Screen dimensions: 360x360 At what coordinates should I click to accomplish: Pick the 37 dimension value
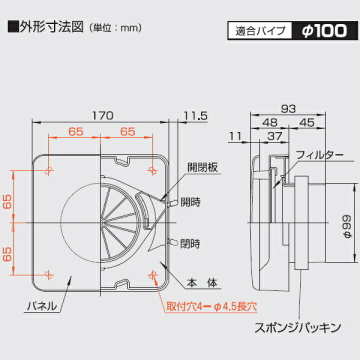(275, 135)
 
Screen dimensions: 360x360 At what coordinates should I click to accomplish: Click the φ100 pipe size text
(324, 30)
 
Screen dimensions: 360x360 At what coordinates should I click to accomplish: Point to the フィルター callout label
(320, 154)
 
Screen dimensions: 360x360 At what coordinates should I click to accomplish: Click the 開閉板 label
(202, 168)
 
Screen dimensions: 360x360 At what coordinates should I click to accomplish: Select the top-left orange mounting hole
(48, 171)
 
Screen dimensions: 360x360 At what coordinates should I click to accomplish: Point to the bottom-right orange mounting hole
(152, 273)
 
